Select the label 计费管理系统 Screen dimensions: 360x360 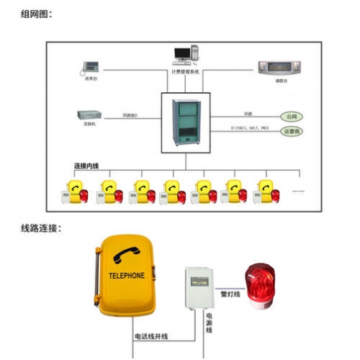click(x=185, y=72)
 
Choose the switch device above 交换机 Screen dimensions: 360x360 click(x=87, y=114)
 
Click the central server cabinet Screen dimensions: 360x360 click(x=185, y=122)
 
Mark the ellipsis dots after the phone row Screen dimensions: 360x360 click(x=297, y=192)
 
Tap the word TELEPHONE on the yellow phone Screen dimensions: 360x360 click(x=126, y=276)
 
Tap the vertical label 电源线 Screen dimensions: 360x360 click(x=209, y=322)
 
